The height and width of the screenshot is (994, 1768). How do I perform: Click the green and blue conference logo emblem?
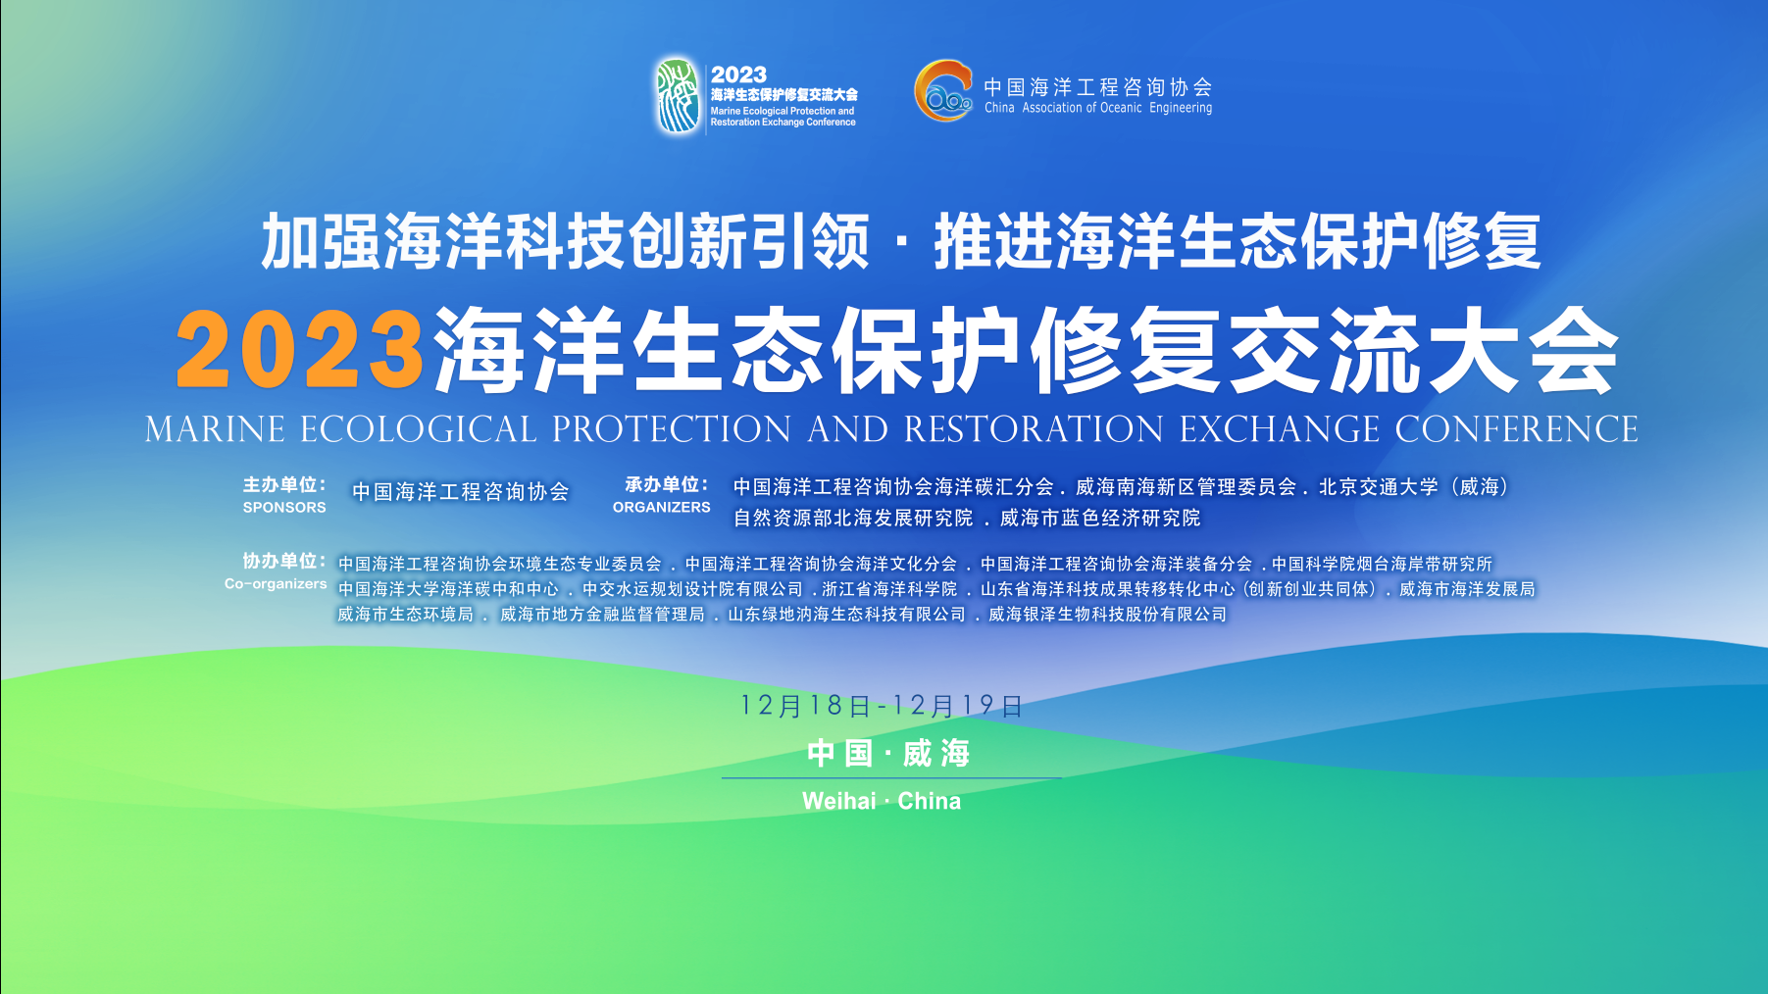(679, 95)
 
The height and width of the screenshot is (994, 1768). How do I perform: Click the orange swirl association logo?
(943, 91)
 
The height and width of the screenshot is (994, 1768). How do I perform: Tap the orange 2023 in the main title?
(300, 350)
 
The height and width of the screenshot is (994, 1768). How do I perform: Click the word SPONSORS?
(284, 508)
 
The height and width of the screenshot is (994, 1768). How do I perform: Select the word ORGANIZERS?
(662, 508)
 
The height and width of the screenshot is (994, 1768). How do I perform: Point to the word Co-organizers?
(276, 584)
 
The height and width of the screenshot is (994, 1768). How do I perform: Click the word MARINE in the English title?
(216, 429)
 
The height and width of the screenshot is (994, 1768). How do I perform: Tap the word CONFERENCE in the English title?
(1517, 429)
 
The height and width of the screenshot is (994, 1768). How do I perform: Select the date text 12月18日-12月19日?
(882, 706)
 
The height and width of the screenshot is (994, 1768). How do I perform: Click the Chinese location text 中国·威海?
(888, 754)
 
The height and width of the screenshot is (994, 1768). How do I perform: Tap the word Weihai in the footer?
(839, 801)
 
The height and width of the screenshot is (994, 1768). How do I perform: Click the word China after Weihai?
(930, 801)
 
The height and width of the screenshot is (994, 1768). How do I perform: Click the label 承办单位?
(667, 485)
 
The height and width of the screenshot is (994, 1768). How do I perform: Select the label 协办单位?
(284, 561)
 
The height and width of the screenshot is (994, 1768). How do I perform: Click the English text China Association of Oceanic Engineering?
(1098, 108)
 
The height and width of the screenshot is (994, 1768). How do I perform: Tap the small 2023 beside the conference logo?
(738, 75)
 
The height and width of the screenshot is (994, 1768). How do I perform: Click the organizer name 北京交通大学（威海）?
(1414, 487)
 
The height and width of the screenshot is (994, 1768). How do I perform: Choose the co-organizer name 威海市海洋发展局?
(1467, 589)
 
